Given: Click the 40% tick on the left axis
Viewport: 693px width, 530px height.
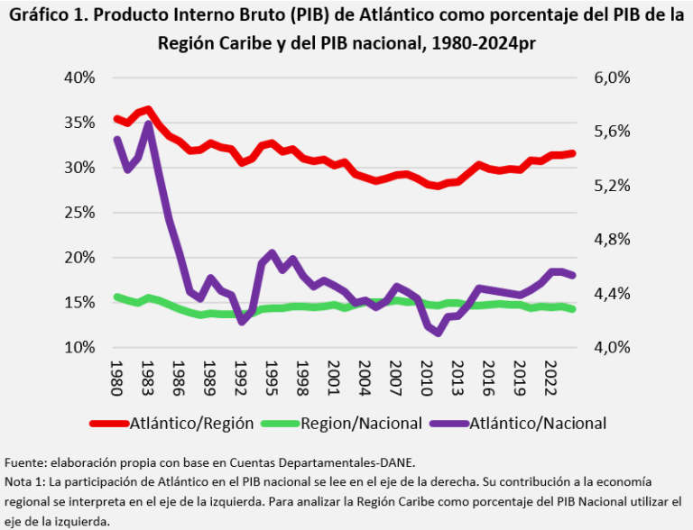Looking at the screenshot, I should [x=79, y=78].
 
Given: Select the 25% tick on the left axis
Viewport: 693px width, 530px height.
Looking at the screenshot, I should [x=79, y=213].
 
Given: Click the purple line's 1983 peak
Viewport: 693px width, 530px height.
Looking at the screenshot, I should [x=148, y=123].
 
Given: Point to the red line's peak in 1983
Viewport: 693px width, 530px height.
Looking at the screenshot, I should [x=148, y=109].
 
